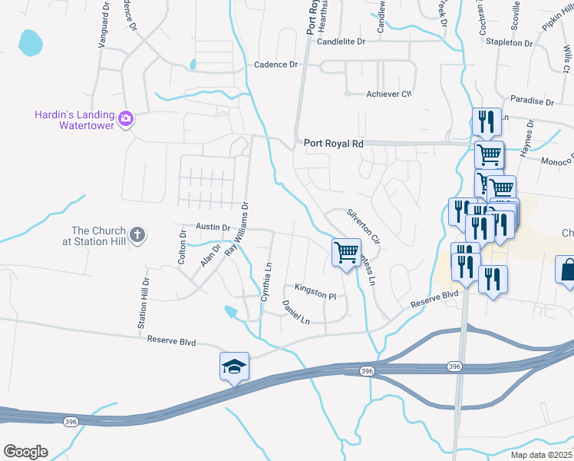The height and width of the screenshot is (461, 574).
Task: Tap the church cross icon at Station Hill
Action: tap(137, 235)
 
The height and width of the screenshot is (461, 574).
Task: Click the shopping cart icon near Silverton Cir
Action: tap(346, 251)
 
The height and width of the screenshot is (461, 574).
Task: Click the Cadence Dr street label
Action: tap(275, 65)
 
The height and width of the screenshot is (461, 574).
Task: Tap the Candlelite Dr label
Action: tap(341, 41)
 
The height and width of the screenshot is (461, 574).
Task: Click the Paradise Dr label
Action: tap(532, 101)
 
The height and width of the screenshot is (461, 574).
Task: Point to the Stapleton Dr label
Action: tap(509, 43)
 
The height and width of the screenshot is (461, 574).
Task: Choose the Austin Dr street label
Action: tap(213, 227)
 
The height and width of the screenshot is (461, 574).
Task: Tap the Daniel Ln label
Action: tap(295, 312)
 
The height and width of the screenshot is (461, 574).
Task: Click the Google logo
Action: tap(25, 452)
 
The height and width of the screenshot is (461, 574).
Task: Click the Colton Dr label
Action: tap(182, 247)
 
